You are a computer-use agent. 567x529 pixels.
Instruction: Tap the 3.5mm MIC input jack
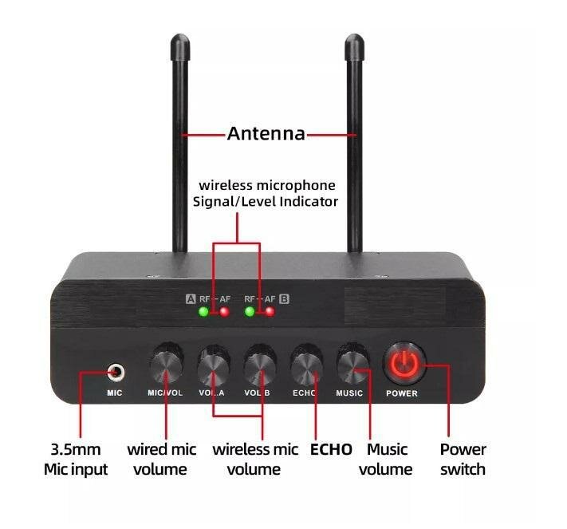tap(116, 371)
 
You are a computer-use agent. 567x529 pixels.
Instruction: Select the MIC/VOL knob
tap(166, 365)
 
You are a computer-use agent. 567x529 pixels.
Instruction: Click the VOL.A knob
tap(213, 365)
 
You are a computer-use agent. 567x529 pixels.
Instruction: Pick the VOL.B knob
tap(260, 365)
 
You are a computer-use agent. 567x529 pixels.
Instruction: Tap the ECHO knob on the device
tap(307, 365)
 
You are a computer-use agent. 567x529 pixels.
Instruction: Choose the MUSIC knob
tap(352, 365)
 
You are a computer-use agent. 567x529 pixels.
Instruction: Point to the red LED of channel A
tap(225, 312)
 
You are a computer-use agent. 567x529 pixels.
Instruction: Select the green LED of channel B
tap(250, 312)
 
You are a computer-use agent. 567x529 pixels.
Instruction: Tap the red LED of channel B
tap(270, 312)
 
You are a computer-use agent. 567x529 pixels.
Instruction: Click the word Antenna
tap(266, 133)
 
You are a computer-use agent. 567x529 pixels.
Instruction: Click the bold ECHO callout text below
tap(331, 449)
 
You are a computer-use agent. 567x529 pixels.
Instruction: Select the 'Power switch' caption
tap(463, 459)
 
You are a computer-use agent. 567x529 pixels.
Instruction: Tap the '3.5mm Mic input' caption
tap(76, 459)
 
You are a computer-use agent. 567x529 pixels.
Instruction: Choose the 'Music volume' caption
tap(386, 459)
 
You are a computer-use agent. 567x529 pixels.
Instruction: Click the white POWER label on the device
tap(401, 393)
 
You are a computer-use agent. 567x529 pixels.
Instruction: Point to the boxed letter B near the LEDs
tap(284, 299)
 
